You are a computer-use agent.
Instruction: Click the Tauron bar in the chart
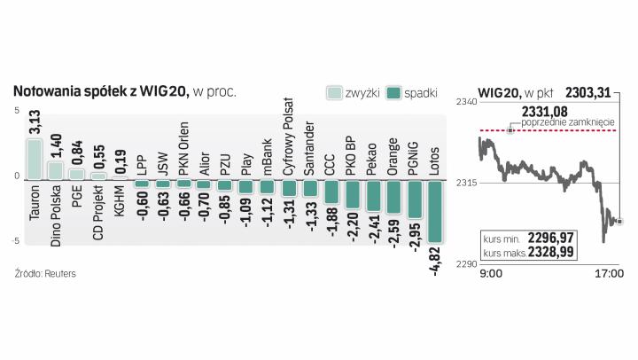[35, 159]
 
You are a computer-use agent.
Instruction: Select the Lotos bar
[434, 211]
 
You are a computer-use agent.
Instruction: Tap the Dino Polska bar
[55, 170]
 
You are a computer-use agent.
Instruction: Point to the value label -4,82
[434, 262]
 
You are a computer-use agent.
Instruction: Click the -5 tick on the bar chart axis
[15, 241]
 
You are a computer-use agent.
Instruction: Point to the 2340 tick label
[465, 104]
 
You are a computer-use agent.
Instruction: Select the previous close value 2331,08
[544, 110]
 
